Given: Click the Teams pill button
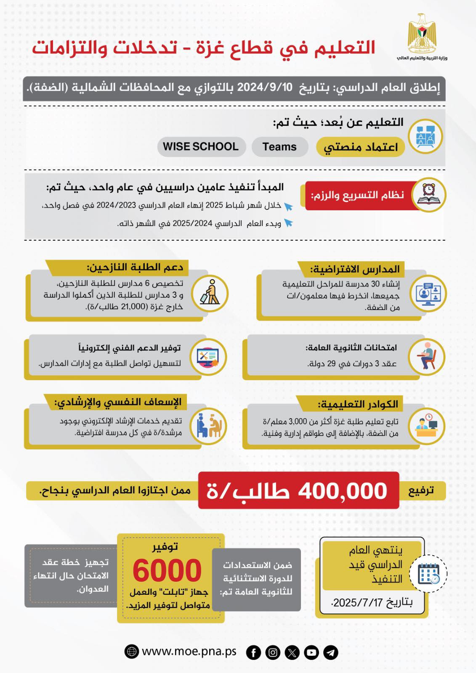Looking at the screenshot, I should [279, 147].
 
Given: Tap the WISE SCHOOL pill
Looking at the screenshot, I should [201, 147].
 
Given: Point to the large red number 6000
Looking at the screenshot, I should [167, 571].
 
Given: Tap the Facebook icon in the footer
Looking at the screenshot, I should [253, 652].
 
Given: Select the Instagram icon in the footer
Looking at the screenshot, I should [273, 652].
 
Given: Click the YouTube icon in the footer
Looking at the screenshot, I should [311, 652].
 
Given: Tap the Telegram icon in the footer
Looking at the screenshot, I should [331, 652].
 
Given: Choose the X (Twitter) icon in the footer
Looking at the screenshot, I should [292, 652].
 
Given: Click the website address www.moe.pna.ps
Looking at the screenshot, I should [189, 652].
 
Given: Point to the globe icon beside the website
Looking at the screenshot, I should [132, 652].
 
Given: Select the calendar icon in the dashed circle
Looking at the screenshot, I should [428, 574].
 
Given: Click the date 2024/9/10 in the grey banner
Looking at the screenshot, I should [265, 87].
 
